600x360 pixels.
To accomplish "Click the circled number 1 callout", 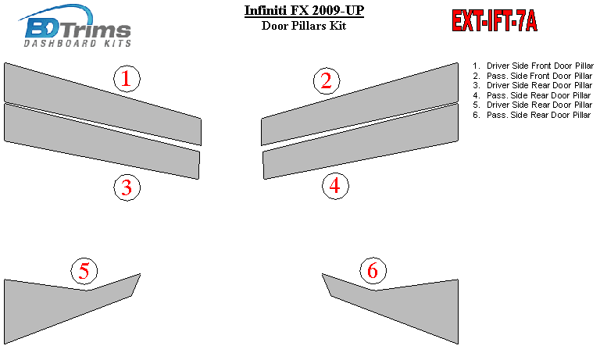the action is pos(127,78).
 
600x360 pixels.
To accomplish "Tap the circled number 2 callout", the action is pos(327,80).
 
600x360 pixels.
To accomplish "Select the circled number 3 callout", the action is pos(127,187).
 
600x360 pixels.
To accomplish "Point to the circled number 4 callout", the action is pos(335,186).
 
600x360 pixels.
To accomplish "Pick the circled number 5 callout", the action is pos(84,271).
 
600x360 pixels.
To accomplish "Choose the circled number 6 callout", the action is pos(373,271).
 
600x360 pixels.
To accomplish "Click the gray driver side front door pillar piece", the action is pos(102,104).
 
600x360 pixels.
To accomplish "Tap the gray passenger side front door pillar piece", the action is pos(359,104).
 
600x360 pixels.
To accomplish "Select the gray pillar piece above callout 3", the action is pos(102,141).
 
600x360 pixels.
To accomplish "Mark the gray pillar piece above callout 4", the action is pos(360,141).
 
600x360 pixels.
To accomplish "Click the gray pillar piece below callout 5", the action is pos(57,306).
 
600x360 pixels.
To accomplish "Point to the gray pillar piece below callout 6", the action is pos(405,306).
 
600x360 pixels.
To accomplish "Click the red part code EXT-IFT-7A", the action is pos(495,20).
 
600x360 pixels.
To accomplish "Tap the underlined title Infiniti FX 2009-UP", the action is pos(304,10).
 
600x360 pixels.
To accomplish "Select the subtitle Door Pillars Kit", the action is pos(304,26).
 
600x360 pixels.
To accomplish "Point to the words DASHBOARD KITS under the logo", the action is pos(77,43).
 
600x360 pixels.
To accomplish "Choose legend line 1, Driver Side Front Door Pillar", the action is pos(533,66).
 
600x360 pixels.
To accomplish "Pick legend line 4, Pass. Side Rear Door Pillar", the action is pos(532,95).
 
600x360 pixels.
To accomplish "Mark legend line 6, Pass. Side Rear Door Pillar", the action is pos(532,115).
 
